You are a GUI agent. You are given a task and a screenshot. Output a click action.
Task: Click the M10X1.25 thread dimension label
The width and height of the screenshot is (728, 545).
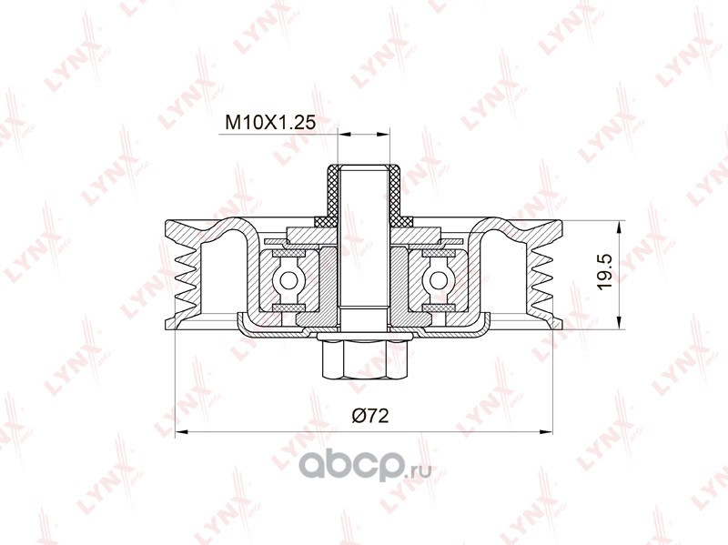(270, 122)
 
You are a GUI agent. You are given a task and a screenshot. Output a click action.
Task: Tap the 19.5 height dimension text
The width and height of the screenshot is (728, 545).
(606, 272)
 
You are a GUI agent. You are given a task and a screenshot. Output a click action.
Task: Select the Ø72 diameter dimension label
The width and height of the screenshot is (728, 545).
(369, 416)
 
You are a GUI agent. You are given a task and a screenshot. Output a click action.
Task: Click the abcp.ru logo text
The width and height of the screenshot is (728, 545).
(365, 466)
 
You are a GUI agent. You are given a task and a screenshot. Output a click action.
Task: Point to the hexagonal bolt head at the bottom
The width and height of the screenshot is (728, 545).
(363, 358)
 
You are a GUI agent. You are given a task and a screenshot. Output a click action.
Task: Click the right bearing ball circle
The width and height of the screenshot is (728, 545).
(437, 280)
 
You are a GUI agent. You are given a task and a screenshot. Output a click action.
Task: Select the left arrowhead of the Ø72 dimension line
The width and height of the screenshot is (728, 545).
(180, 432)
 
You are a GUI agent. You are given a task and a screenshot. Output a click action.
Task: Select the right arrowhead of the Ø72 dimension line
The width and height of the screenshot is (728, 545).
(547, 432)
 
